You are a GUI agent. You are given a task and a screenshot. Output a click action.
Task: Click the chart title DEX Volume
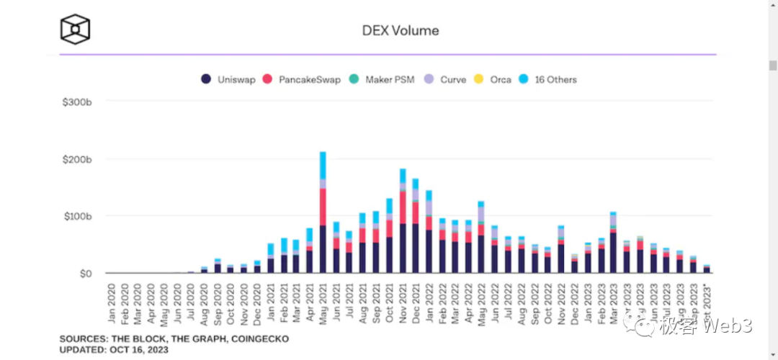(400, 30)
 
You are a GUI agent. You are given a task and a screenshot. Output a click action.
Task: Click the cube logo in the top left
(75, 30)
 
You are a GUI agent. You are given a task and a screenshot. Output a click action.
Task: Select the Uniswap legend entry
(228, 79)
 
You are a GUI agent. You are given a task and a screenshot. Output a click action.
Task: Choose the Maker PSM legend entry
(386, 79)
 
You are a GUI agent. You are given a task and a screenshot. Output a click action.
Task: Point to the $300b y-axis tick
(77, 102)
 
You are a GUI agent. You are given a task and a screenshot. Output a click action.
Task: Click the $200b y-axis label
(77, 159)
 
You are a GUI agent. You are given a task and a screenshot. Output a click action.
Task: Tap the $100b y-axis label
(77, 216)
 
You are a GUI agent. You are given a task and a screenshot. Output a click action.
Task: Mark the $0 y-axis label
(86, 274)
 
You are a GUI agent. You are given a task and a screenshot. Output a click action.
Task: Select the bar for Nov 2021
(403, 223)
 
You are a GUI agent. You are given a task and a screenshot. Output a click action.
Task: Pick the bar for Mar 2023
(613, 245)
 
